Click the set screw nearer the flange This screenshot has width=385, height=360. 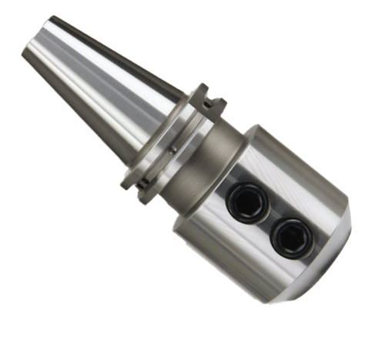247,202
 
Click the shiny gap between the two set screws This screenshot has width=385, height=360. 269,219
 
